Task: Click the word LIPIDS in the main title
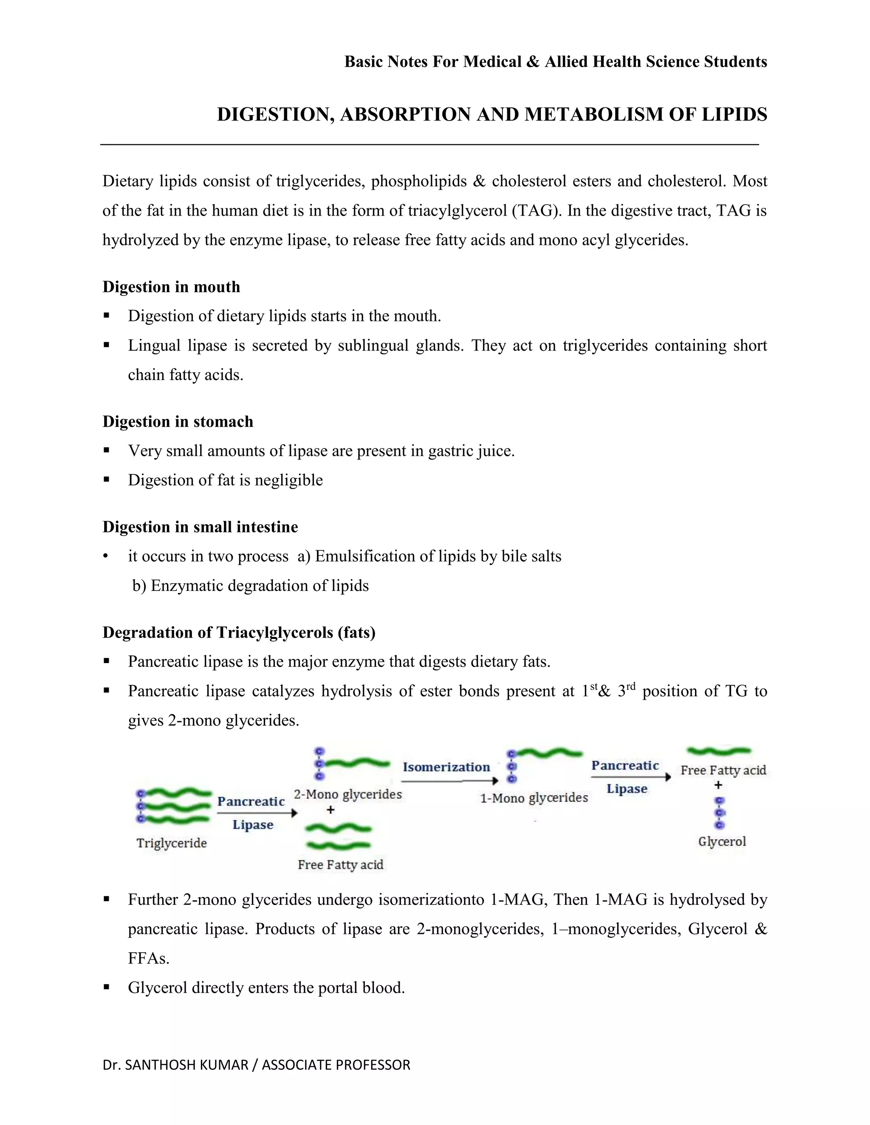pos(734,114)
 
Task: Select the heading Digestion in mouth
pos(171,287)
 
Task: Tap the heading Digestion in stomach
pos(178,422)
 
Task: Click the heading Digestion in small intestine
pos(200,527)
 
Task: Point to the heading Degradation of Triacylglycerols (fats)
pos(239,633)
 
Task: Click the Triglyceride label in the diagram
pos(172,843)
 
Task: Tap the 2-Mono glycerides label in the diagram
pos(348,794)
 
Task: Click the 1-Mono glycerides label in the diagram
pos(534,798)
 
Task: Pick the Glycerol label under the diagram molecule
pos(722,842)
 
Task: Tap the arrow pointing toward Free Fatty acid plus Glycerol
pos(631,777)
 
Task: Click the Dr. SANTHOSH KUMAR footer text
pos(256,1065)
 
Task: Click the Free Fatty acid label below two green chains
pos(341,865)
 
